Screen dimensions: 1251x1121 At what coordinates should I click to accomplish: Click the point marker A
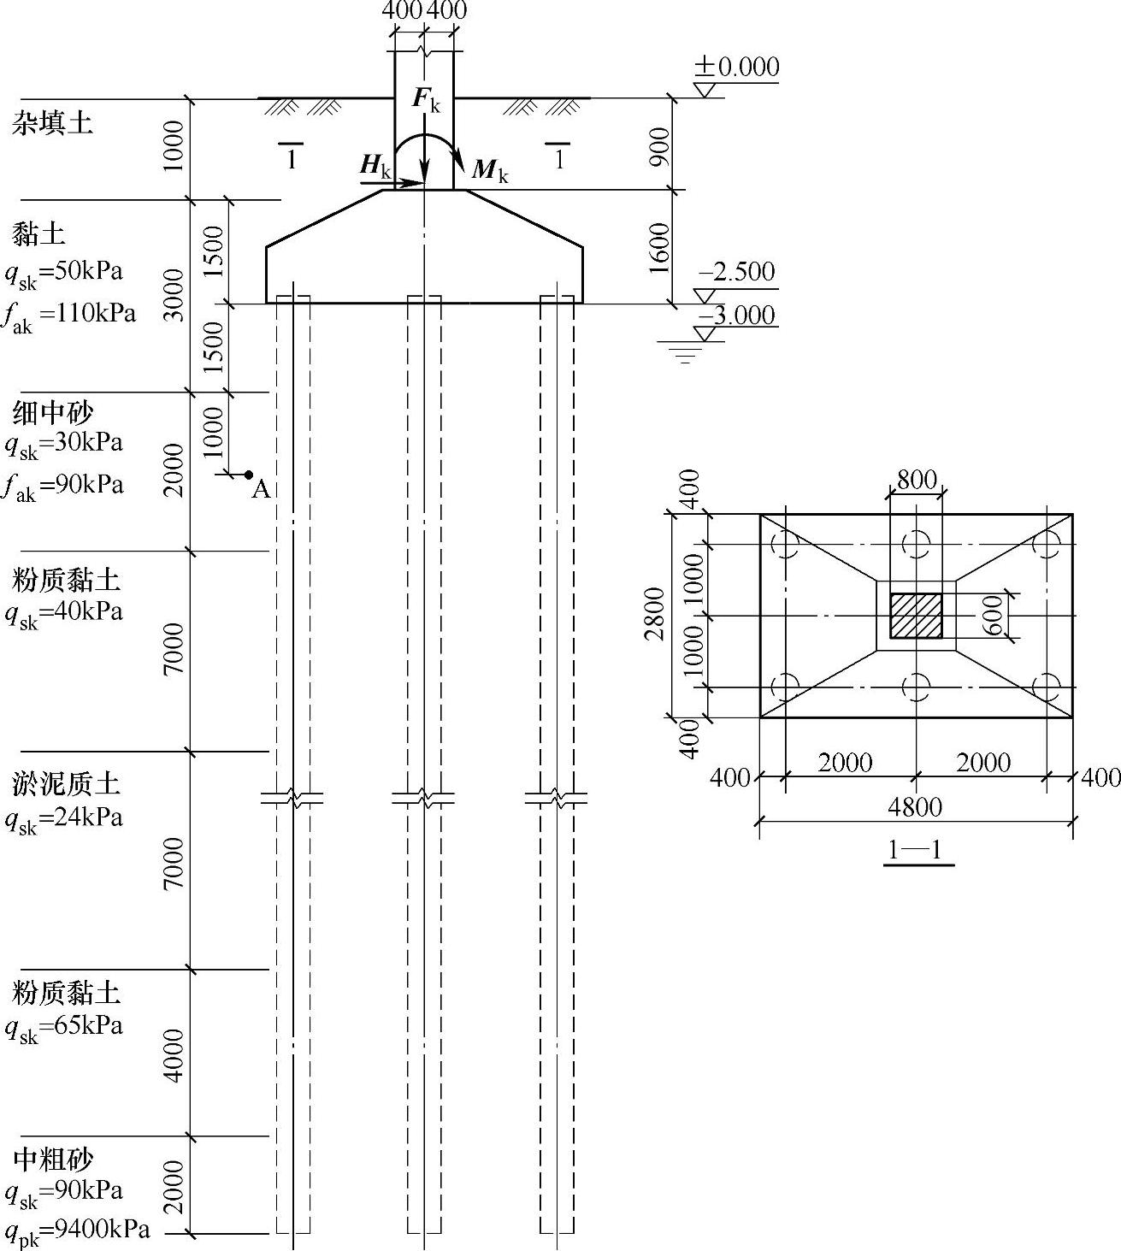click(249, 475)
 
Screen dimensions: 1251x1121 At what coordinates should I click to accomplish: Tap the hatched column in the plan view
click(916, 616)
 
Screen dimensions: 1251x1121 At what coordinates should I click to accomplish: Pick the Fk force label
click(426, 99)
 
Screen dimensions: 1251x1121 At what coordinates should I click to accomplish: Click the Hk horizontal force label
click(375, 165)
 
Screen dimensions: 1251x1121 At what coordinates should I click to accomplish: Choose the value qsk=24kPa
click(64, 818)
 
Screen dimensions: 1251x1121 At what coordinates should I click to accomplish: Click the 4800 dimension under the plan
click(915, 807)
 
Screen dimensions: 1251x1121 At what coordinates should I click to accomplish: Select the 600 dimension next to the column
click(993, 615)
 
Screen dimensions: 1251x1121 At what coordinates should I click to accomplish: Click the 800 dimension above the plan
click(917, 480)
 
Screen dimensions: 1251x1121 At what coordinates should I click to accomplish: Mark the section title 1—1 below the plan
click(915, 851)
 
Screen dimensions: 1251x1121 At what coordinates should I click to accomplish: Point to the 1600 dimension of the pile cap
click(658, 248)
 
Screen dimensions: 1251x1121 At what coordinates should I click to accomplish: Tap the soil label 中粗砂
click(53, 1160)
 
